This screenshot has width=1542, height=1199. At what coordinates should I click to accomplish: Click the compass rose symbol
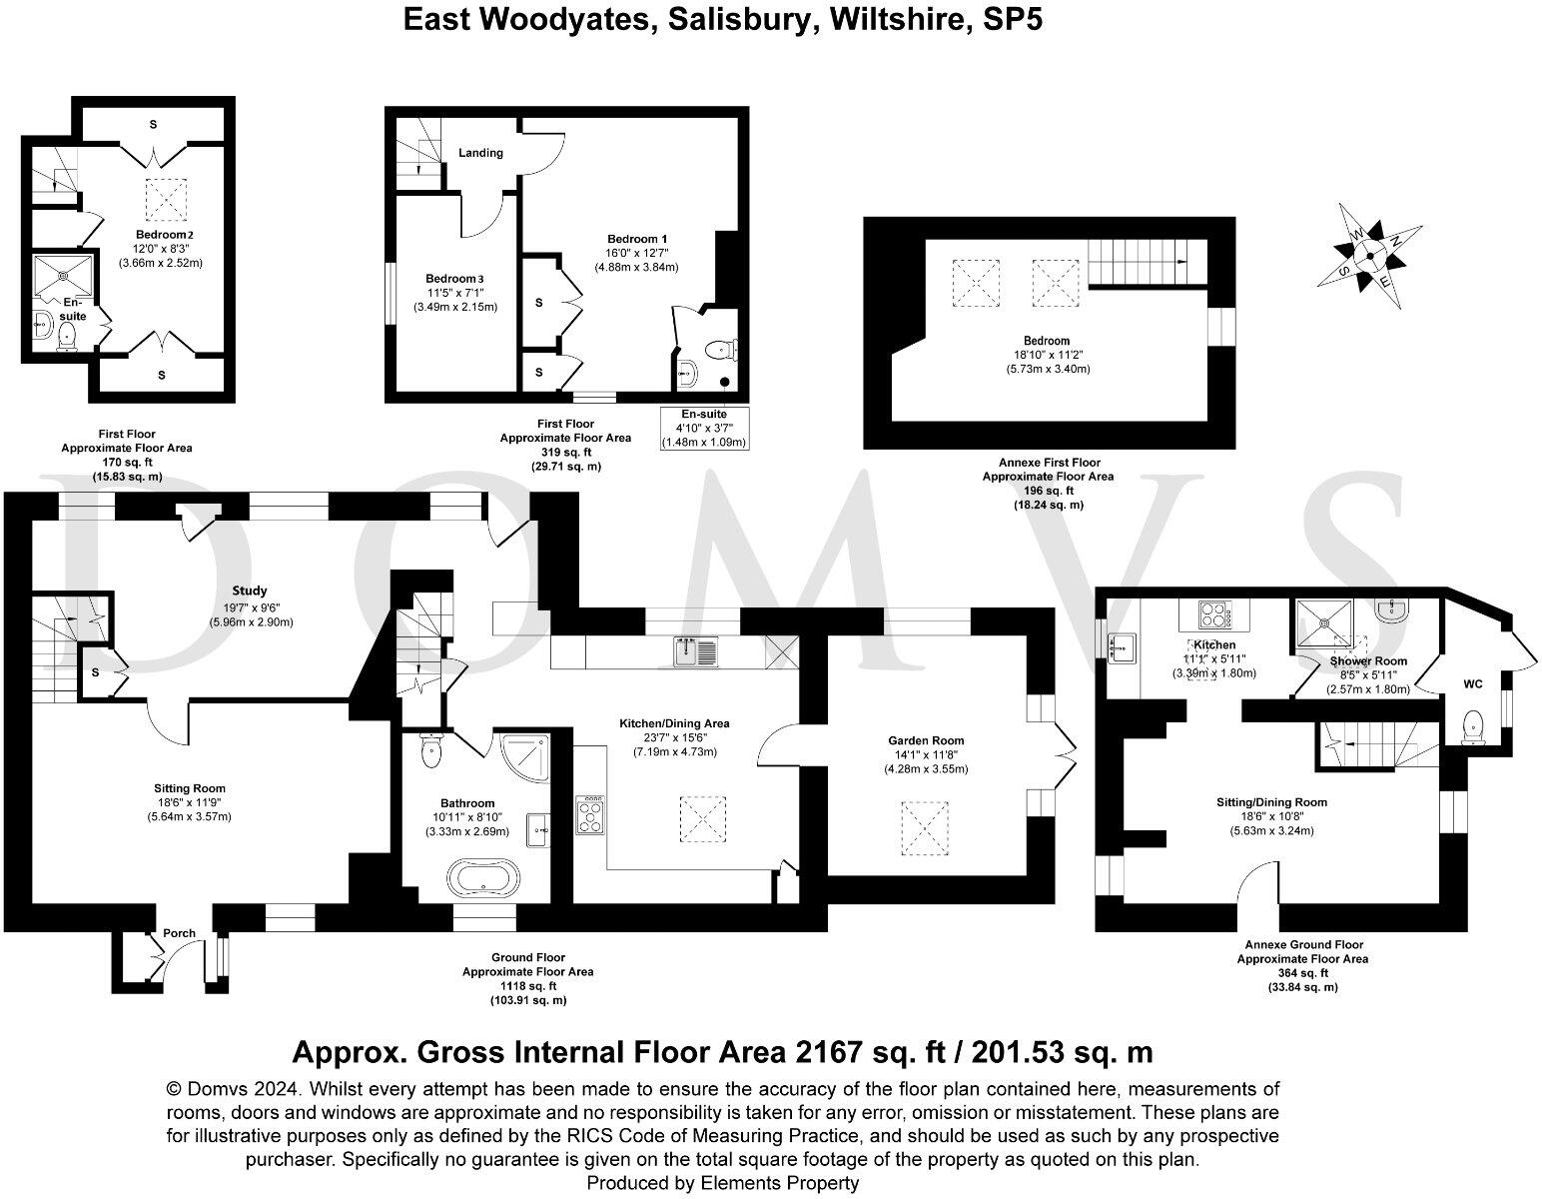(1369, 255)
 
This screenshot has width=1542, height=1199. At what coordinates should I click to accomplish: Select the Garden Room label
(926, 740)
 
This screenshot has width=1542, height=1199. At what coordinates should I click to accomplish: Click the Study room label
(250, 591)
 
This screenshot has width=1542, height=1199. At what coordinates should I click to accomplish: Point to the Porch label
(180, 933)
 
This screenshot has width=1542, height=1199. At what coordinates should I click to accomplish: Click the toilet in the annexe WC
(1473, 727)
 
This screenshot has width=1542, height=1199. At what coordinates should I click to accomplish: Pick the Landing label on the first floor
(480, 153)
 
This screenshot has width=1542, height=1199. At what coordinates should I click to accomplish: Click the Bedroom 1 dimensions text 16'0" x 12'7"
(636, 253)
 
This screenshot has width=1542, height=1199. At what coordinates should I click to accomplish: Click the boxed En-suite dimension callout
(704, 428)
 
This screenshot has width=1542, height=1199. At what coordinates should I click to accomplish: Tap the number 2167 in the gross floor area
(831, 1052)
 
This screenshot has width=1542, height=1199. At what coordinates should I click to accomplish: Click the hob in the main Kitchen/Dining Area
(589, 814)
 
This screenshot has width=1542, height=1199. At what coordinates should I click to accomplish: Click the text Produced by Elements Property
(722, 1183)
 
